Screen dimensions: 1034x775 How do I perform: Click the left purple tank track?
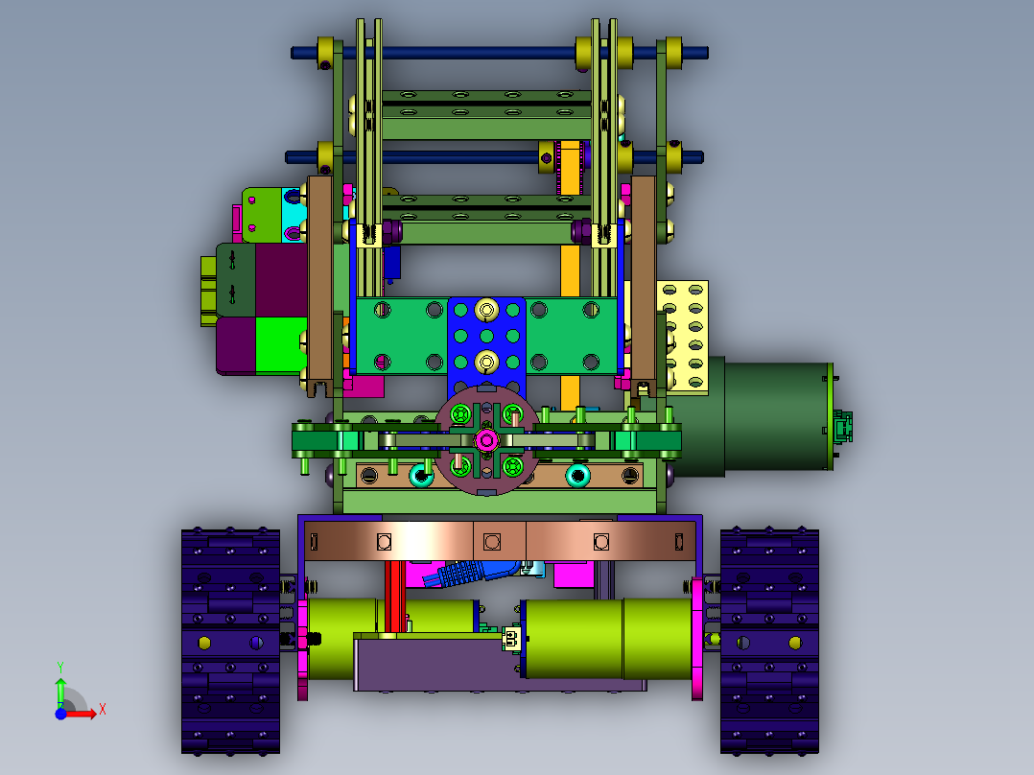(x=231, y=641)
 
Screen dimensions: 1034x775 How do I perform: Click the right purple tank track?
(x=769, y=641)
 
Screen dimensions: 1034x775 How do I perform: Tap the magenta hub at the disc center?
(x=486, y=440)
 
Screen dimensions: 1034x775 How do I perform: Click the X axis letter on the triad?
(x=103, y=710)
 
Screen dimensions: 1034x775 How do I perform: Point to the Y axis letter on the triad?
(x=60, y=667)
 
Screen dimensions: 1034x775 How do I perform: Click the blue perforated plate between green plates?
(x=486, y=344)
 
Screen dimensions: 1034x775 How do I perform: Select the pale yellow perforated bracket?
(x=683, y=337)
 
